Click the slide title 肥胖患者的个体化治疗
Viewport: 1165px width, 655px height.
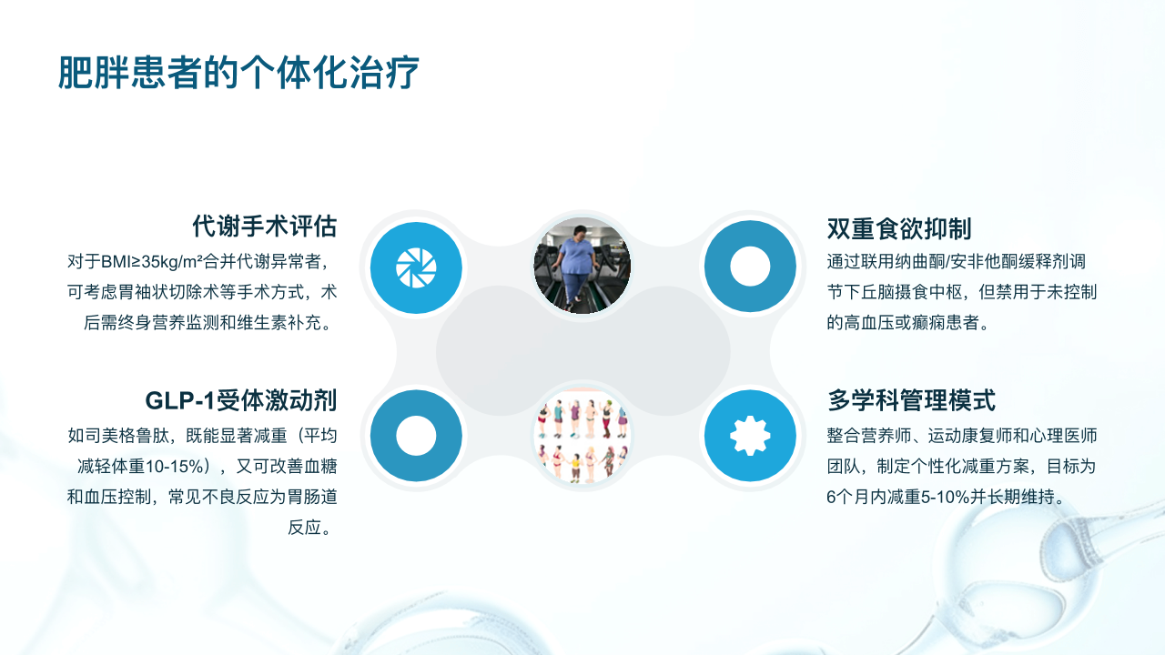tap(238, 73)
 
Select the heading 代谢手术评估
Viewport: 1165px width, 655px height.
tap(265, 227)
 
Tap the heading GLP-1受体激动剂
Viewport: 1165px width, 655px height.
tap(241, 401)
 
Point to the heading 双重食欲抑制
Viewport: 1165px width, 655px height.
tap(899, 228)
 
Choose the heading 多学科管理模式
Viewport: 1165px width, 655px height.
tap(911, 401)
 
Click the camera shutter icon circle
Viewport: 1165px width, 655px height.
tap(416, 267)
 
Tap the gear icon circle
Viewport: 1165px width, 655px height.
tap(750, 436)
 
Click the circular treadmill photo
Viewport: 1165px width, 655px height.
tap(582, 266)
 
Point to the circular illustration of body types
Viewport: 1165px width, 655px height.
tap(582, 436)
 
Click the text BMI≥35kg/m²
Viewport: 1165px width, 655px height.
tap(151, 261)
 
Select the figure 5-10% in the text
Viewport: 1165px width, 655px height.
tap(945, 498)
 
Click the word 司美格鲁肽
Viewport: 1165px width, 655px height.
tap(127, 436)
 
